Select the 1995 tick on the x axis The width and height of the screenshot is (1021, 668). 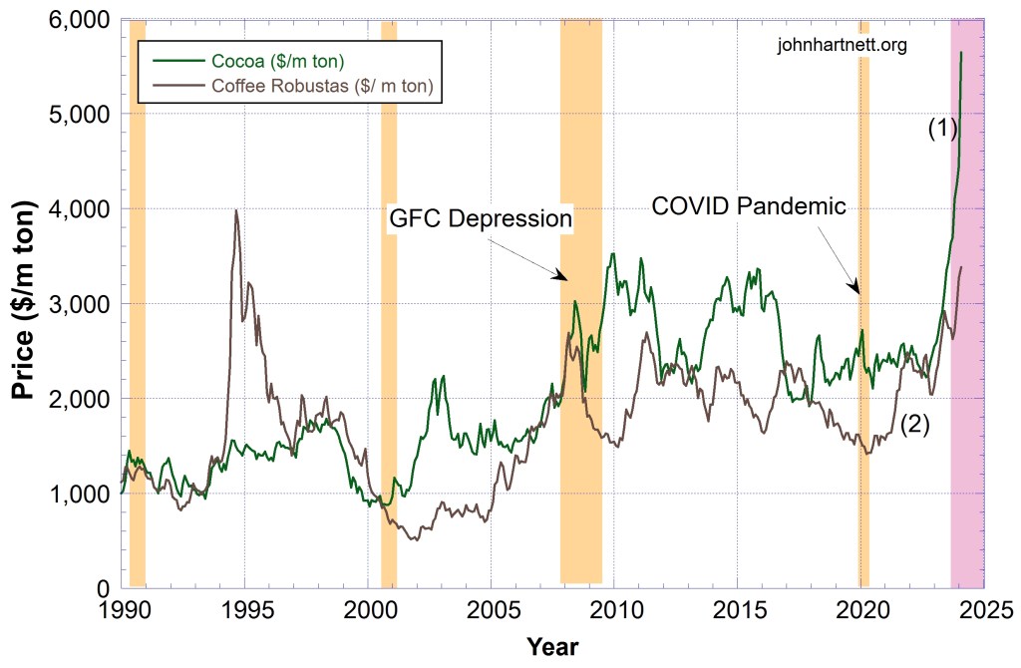pos(244,609)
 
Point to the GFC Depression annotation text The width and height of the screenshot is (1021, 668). pos(480,218)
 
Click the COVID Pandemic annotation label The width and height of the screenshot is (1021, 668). pos(749,206)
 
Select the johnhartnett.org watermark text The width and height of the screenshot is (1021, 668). pos(843,45)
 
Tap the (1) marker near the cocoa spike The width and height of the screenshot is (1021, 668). pos(942,128)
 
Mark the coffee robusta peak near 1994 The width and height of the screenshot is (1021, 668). pos(235,210)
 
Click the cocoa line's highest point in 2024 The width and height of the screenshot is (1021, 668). pos(961,52)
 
